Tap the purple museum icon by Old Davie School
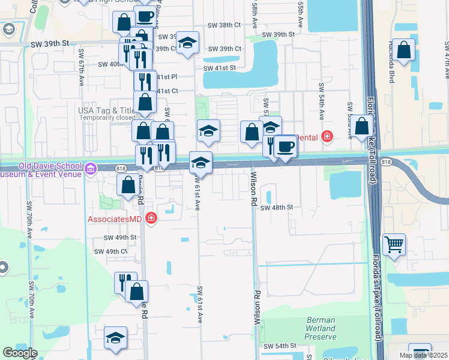click(x=91, y=169)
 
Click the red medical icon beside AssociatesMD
click(x=151, y=218)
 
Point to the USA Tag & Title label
click(x=106, y=110)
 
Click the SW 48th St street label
click(x=277, y=208)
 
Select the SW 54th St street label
click(x=279, y=346)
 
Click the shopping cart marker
click(x=394, y=243)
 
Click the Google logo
click(x=20, y=353)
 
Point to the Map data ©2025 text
click(x=423, y=355)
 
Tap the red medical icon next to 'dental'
click(x=327, y=137)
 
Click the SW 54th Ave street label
click(x=322, y=98)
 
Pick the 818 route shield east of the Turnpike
click(x=387, y=162)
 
